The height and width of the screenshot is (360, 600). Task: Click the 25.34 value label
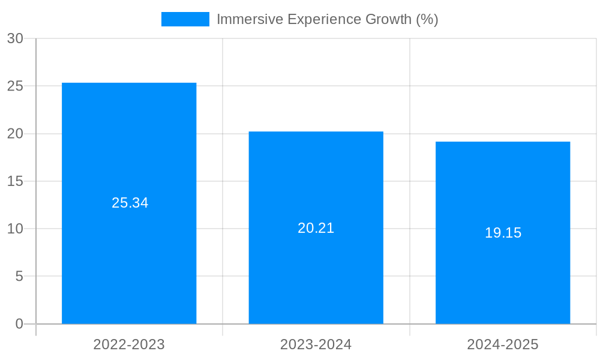(130, 203)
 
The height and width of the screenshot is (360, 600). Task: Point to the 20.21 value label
(316, 228)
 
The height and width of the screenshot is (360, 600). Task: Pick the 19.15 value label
(503, 233)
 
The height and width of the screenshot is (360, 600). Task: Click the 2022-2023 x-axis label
(129, 344)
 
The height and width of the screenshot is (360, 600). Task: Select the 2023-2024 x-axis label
(316, 344)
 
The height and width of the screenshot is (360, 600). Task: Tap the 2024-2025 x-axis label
(503, 344)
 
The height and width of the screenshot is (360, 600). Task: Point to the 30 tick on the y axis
(15, 38)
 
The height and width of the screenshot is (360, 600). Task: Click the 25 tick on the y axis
(15, 86)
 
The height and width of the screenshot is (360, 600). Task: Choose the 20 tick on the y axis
(15, 133)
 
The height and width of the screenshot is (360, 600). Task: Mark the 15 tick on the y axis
(15, 181)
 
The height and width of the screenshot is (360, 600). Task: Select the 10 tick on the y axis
(15, 229)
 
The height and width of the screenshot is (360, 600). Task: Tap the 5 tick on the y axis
(19, 276)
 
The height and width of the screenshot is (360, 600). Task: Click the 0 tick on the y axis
(19, 324)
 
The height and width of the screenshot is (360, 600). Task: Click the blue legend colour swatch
(185, 19)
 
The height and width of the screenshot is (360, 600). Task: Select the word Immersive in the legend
(249, 19)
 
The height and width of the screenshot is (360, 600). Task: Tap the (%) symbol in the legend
(427, 19)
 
